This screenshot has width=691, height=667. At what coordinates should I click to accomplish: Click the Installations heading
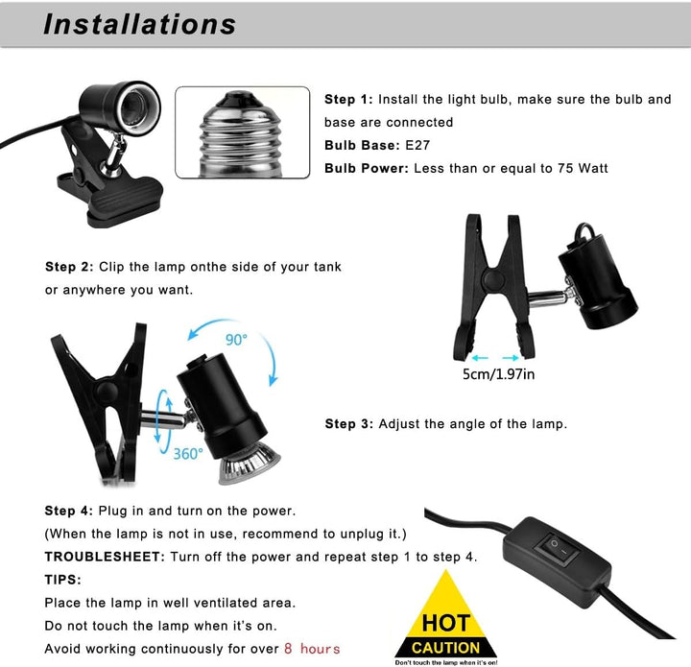[x=140, y=24]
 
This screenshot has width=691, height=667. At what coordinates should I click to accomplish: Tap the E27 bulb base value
[x=417, y=145]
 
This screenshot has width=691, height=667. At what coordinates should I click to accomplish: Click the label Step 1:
[x=348, y=100]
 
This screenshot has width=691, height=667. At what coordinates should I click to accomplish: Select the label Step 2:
[x=69, y=267]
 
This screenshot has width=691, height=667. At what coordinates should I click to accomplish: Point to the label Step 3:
[x=349, y=424]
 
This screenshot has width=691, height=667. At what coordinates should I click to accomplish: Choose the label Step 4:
[x=69, y=511]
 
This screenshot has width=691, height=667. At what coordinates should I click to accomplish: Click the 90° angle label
[x=236, y=340]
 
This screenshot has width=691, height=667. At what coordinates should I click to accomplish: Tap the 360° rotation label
[x=188, y=454]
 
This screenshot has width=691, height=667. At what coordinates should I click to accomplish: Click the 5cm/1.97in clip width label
[x=498, y=374]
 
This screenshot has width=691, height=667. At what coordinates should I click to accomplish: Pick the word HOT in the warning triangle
[x=446, y=624]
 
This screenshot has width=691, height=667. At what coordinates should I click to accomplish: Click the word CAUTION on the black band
[x=445, y=648]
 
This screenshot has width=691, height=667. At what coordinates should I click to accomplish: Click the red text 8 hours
[x=312, y=649]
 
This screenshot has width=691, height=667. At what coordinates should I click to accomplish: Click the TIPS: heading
[x=63, y=580]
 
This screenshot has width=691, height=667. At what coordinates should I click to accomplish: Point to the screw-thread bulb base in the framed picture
[x=240, y=134]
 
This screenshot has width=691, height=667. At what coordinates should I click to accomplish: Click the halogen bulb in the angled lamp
[x=250, y=464]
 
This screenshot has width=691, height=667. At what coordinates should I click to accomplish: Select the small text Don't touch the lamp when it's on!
[x=446, y=662]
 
